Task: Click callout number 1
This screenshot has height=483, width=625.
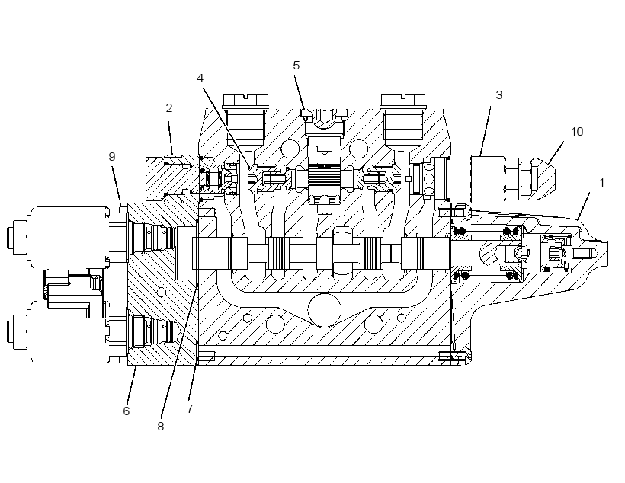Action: pyautogui.click(x=601, y=183)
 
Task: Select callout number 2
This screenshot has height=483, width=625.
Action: pyautogui.click(x=169, y=108)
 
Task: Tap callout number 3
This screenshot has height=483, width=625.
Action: pyautogui.click(x=498, y=94)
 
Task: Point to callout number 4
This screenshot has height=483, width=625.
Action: pyautogui.click(x=200, y=78)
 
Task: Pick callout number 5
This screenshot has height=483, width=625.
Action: pyautogui.click(x=296, y=66)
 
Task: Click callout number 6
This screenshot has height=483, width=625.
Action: pyautogui.click(x=127, y=411)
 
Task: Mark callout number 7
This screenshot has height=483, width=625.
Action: pyautogui.click(x=189, y=408)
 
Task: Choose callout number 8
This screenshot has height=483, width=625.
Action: pyautogui.click(x=160, y=427)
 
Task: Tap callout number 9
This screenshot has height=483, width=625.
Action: pyautogui.click(x=112, y=157)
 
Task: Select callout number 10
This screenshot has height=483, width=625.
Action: pyautogui.click(x=577, y=132)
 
